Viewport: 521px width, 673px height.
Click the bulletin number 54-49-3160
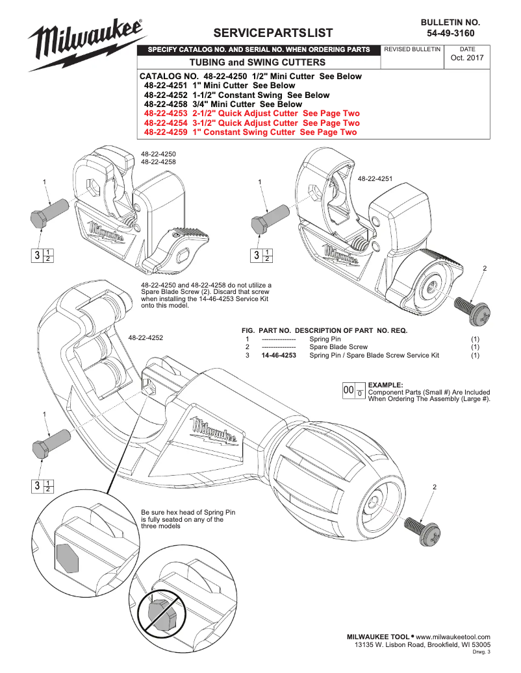click(x=450, y=32)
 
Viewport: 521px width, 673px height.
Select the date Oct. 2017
click(x=467, y=58)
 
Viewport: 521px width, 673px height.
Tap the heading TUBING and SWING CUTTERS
click(x=257, y=62)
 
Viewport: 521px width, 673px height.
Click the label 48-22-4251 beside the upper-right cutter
click(x=376, y=178)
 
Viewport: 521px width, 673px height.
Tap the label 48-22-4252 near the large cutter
click(x=146, y=337)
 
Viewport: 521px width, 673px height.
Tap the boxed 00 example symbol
click(x=348, y=390)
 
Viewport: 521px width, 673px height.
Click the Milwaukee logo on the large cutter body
click(x=216, y=432)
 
